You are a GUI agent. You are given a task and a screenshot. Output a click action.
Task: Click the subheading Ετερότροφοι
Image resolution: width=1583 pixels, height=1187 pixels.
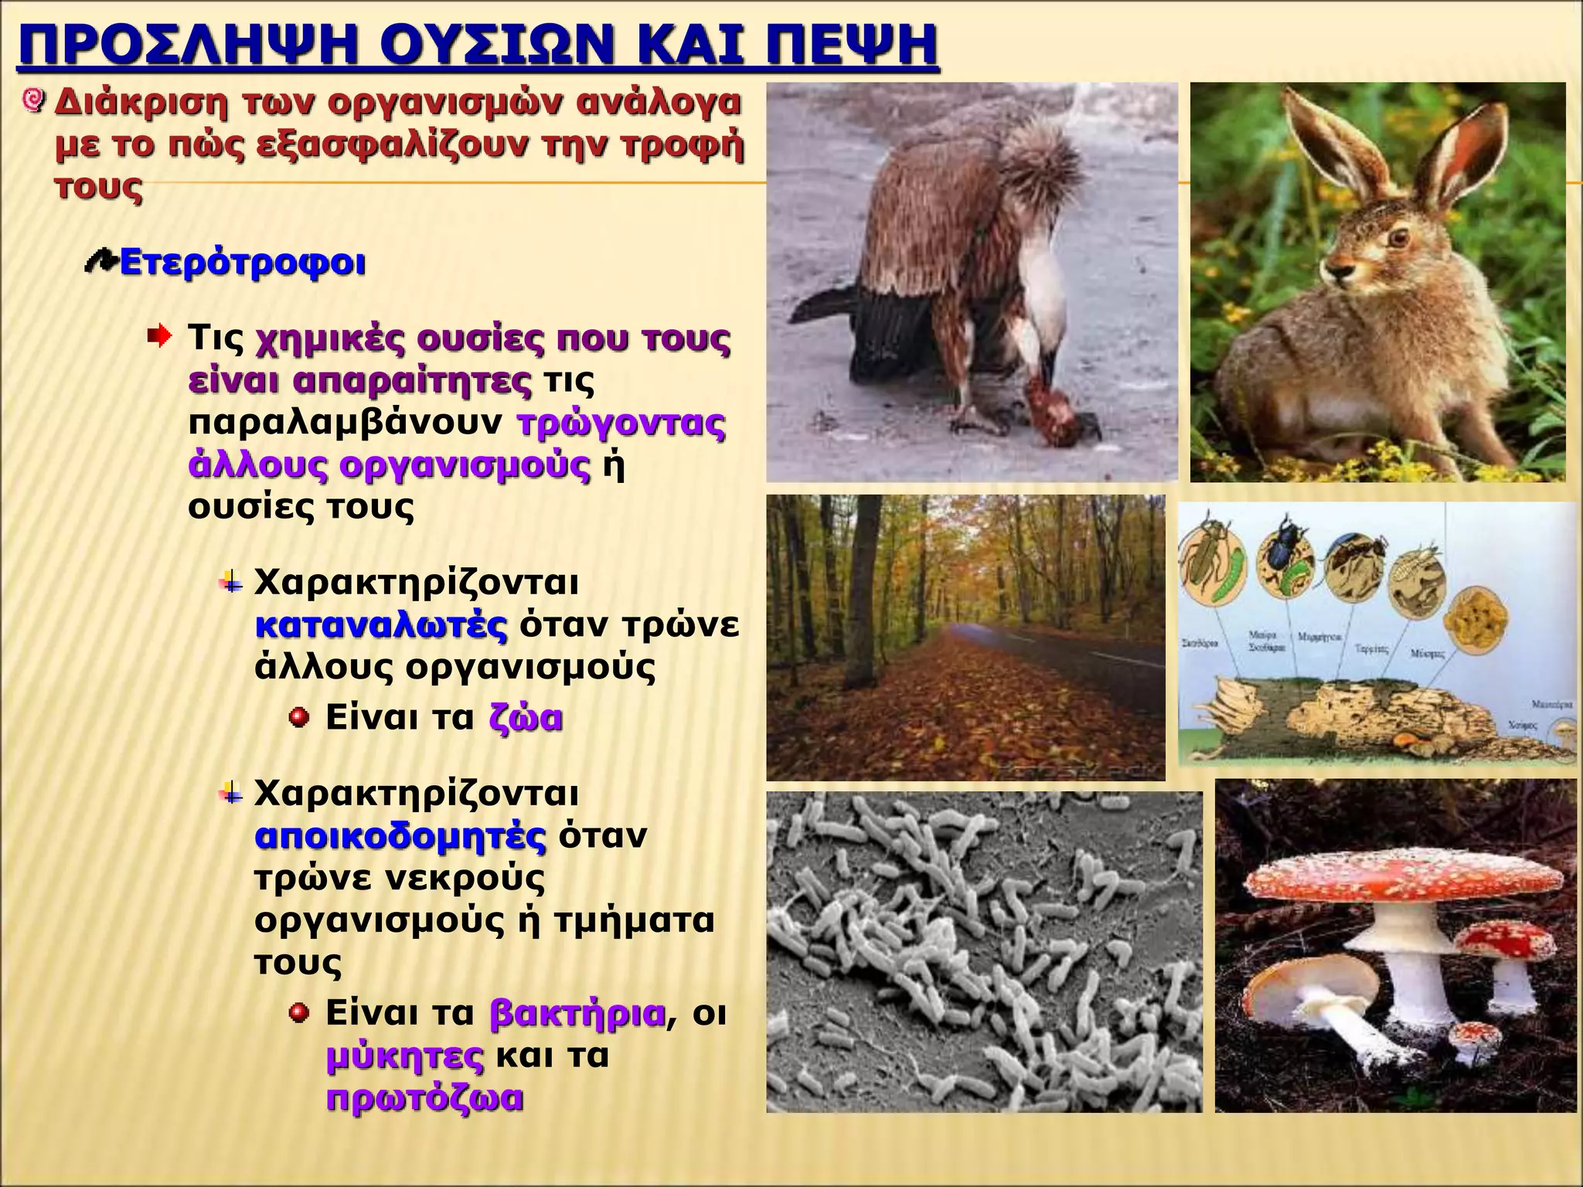(242, 264)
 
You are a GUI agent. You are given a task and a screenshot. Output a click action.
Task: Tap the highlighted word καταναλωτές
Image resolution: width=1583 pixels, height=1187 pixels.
(381, 626)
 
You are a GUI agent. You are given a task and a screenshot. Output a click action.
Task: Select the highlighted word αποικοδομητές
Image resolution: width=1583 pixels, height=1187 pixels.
(400, 837)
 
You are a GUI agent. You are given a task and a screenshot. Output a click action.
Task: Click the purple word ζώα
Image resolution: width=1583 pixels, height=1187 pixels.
(526, 718)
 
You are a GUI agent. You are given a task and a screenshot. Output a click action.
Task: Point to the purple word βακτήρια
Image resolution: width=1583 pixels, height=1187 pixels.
(577, 1013)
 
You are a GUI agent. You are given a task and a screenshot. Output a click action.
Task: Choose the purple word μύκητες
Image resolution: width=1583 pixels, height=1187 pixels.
(405, 1056)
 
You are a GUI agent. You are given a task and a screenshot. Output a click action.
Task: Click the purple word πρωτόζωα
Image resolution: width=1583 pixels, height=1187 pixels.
(424, 1098)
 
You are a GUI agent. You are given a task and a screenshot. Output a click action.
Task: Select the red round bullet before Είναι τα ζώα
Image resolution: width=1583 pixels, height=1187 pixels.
(298, 719)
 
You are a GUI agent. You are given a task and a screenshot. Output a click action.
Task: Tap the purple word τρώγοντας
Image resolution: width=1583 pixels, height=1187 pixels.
(621, 423)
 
